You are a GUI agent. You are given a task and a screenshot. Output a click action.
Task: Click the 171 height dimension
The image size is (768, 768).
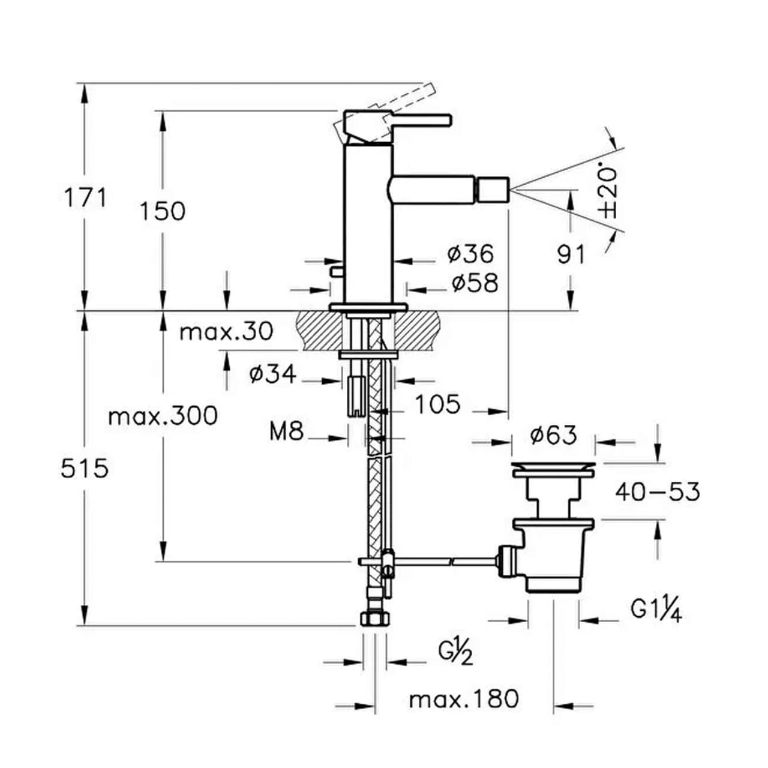[86, 199]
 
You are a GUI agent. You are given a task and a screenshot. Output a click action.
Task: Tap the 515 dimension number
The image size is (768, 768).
[85, 468]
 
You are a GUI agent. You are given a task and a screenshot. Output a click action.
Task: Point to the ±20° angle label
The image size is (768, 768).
[608, 193]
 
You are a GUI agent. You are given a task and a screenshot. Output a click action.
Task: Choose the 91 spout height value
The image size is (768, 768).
[571, 254]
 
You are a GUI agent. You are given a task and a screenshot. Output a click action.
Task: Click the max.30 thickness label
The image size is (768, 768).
[226, 331]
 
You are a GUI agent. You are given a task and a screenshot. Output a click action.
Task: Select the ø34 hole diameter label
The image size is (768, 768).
[273, 374]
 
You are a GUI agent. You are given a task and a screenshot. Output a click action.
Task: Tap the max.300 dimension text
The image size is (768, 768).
[163, 416]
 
